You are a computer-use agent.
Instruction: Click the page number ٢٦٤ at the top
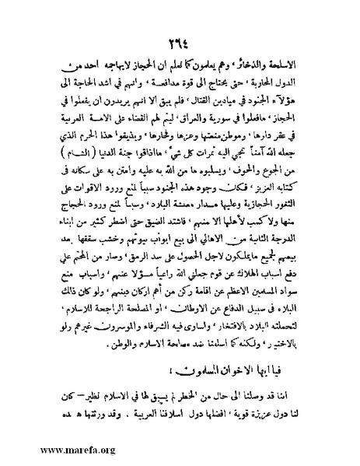pyautogui.click(x=180, y=44)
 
